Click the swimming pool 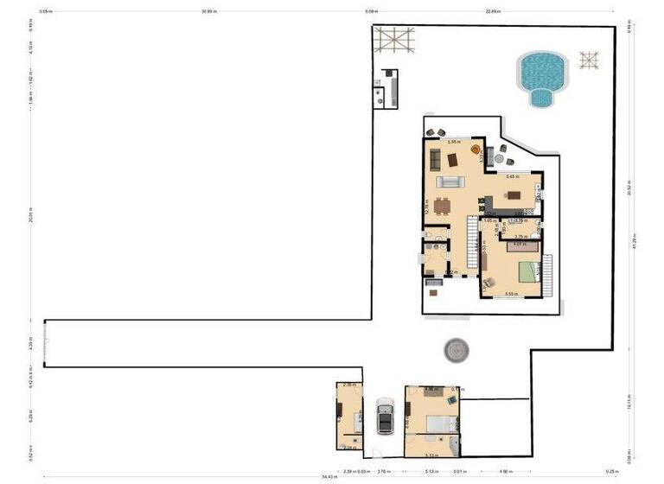pos(541,75)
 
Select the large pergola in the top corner pos(393,40)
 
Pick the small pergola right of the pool pos(589,60)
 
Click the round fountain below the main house pos(456,350)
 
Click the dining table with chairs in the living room pos(442,206)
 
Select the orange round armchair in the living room pos(475,150)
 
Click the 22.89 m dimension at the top pos(493,12)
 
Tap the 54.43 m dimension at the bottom pos(329,476)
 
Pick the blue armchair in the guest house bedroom pos(451,400)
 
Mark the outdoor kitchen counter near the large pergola pos(390,87)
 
